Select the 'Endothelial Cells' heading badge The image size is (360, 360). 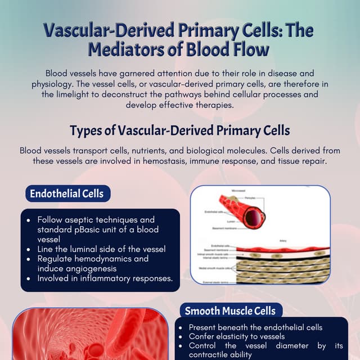(67, 193)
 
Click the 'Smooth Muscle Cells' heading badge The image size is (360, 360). (230, 310)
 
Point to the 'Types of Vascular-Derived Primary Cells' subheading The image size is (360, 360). (179, 130)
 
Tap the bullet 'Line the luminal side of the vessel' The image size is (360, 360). (101, 249)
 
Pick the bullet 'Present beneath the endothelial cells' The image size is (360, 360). (255, 327)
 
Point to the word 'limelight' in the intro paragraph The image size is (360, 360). (85, 94)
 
